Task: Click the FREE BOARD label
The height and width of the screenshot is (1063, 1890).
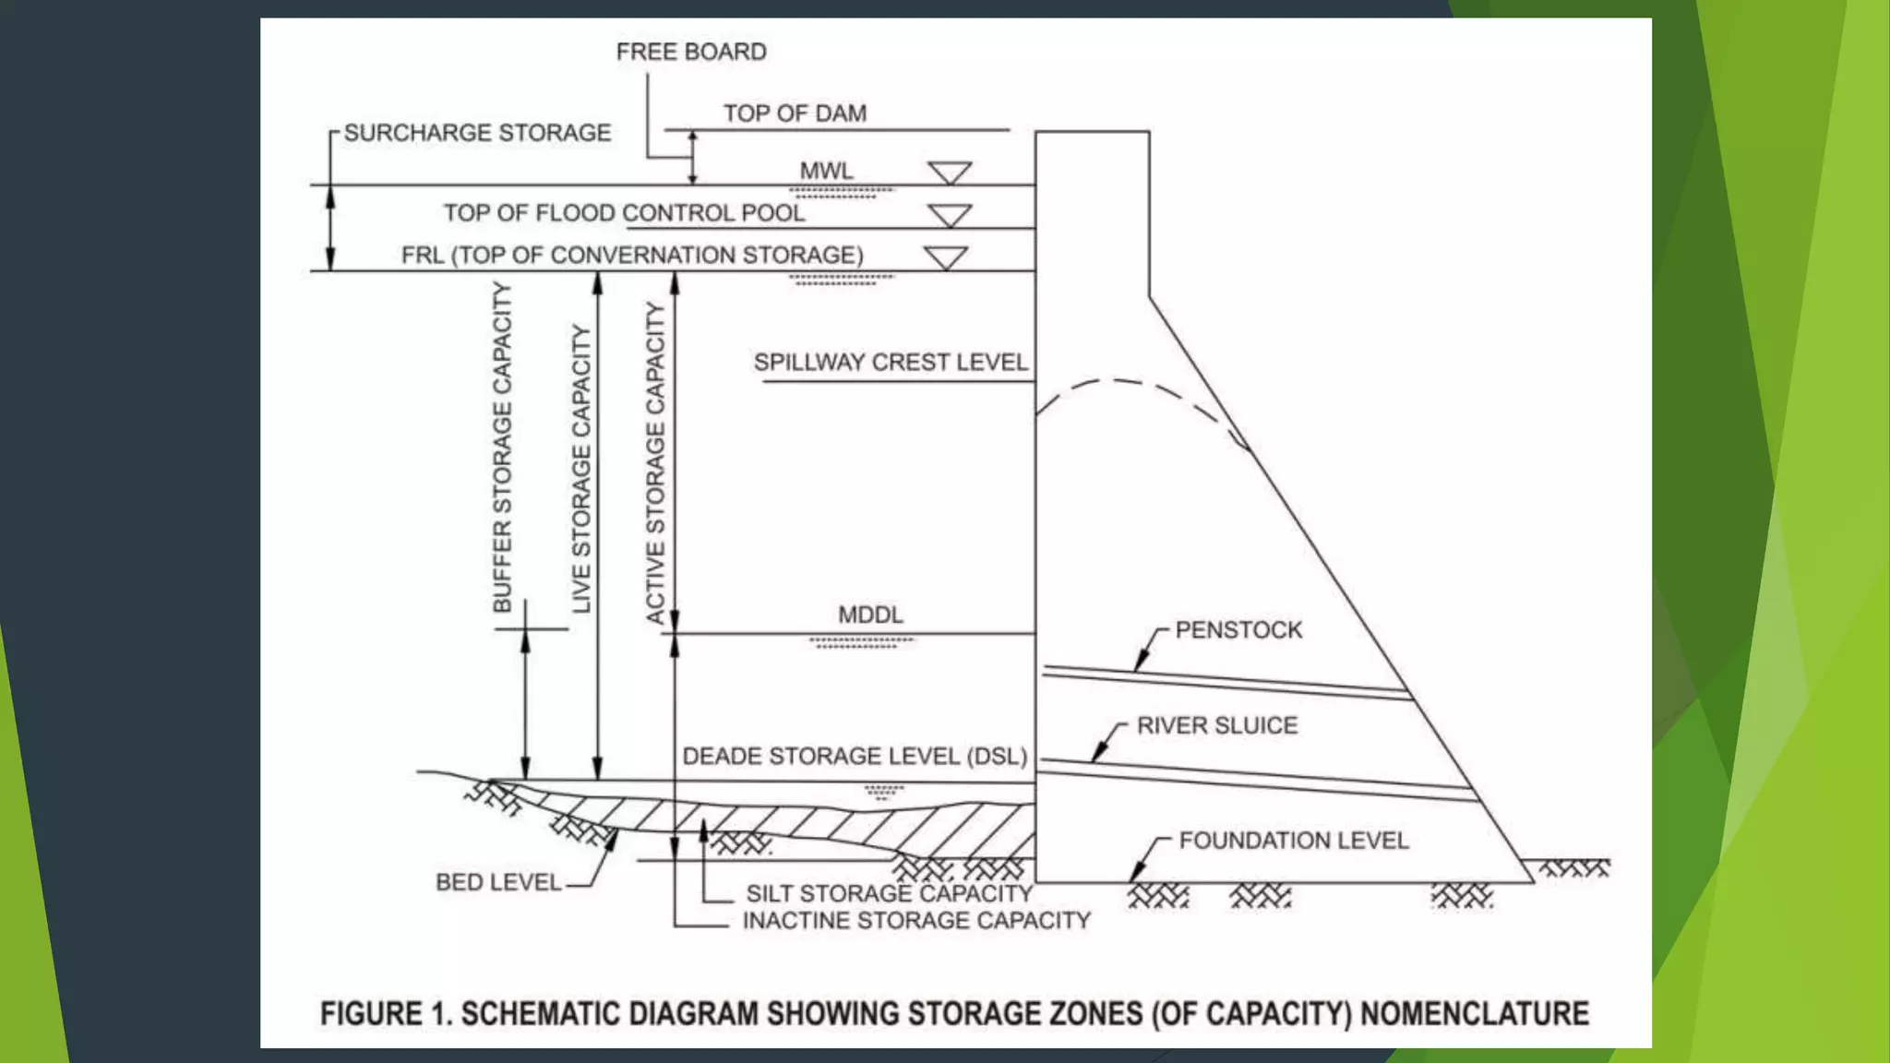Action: [691, 52]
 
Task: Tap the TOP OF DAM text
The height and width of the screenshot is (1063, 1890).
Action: [795, 113]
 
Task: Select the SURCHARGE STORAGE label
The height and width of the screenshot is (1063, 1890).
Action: [477, 133]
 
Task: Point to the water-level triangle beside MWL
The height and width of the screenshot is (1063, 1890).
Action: [950, 173]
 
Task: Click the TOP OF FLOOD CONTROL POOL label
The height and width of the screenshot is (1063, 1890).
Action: [624, 213]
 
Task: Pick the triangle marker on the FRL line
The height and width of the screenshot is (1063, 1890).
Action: [946, 257]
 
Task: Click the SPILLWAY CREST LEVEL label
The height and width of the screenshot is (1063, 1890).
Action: [891, 362]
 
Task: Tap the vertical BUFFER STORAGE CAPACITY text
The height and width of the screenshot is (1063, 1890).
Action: [502, 448]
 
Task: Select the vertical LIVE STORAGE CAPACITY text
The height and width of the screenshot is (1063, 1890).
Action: [581, 469]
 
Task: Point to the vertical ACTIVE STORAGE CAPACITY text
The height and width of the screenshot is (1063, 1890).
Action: [655, 463]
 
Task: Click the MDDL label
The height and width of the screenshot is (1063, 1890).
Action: [870, 615]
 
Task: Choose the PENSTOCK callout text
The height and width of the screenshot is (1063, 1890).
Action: [1238, 630]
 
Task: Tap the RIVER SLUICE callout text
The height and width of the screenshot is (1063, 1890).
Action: [1217, 725]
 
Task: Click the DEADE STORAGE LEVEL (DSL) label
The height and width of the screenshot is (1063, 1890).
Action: [855, 757]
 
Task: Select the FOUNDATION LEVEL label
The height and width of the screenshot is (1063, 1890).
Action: [1294, 841]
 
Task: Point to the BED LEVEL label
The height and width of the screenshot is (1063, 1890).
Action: [498, 883]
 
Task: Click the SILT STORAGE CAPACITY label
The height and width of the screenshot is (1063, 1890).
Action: [889, 893]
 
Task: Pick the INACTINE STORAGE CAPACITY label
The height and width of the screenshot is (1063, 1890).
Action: [916, 921]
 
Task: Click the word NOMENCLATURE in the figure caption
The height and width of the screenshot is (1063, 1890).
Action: [1475, 1013]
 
